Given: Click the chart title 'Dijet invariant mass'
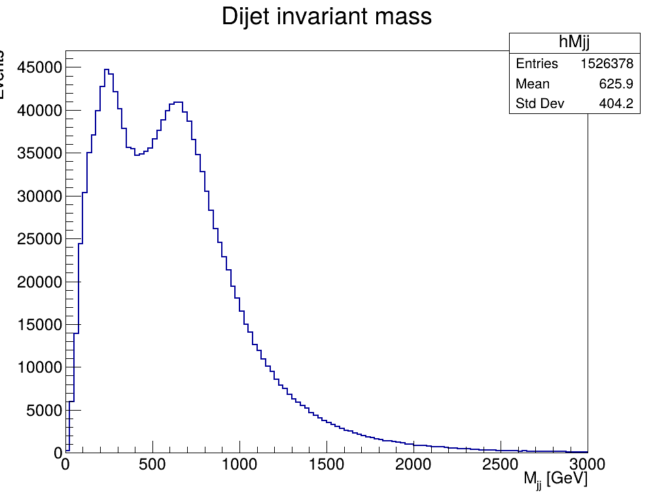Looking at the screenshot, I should click(x=326, y=16).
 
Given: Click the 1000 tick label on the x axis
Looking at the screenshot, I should click(x=239, y=464).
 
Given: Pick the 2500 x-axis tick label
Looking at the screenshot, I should click(x=501, y=464).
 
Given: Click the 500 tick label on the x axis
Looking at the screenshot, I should click(x=152, y=464).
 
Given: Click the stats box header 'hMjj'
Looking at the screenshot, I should click(x=574, y=43).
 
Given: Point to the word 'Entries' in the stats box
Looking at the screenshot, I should click(x=537, y=64).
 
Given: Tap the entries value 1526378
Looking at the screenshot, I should click(x=607, y=64).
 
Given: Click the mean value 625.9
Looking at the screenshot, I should click(x=616, y=84).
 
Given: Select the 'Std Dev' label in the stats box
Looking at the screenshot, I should click(x=540, y=104).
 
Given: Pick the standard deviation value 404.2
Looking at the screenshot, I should click(x=616, y=104).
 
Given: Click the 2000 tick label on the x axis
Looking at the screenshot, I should click(x=414, y=464).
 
